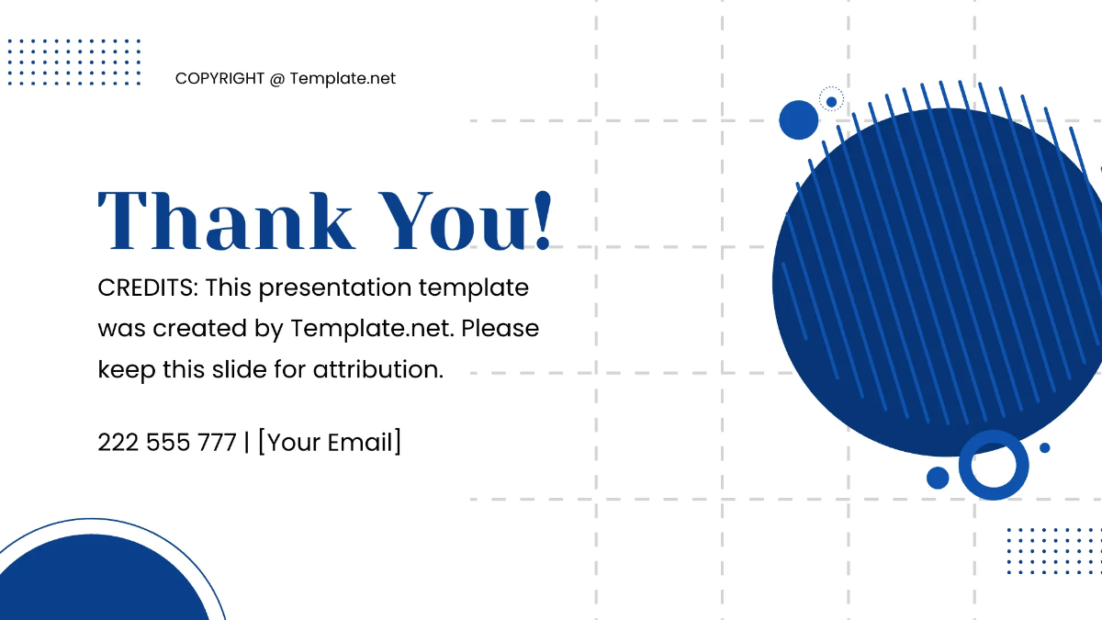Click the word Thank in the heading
226,221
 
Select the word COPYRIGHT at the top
219,79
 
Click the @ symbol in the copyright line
277,79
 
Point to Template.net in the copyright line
343,79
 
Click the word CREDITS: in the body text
148,287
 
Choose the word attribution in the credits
378,369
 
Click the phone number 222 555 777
167,443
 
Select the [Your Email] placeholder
329,443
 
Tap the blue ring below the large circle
994,465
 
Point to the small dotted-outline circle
831,101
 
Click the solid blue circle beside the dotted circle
798,120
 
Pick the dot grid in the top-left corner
74,62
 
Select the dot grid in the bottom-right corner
1053,550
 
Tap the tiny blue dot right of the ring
1044,447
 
